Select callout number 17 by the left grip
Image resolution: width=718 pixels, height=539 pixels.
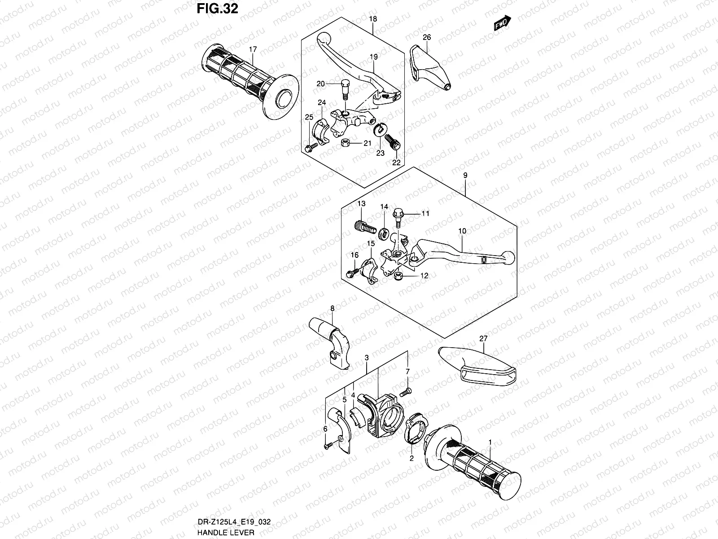pos(253,49)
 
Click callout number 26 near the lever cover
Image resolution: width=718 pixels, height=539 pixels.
pos(427,37)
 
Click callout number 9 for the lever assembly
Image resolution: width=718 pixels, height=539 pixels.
pos(465,176)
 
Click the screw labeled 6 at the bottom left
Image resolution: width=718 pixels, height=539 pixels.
pos(328,446)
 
